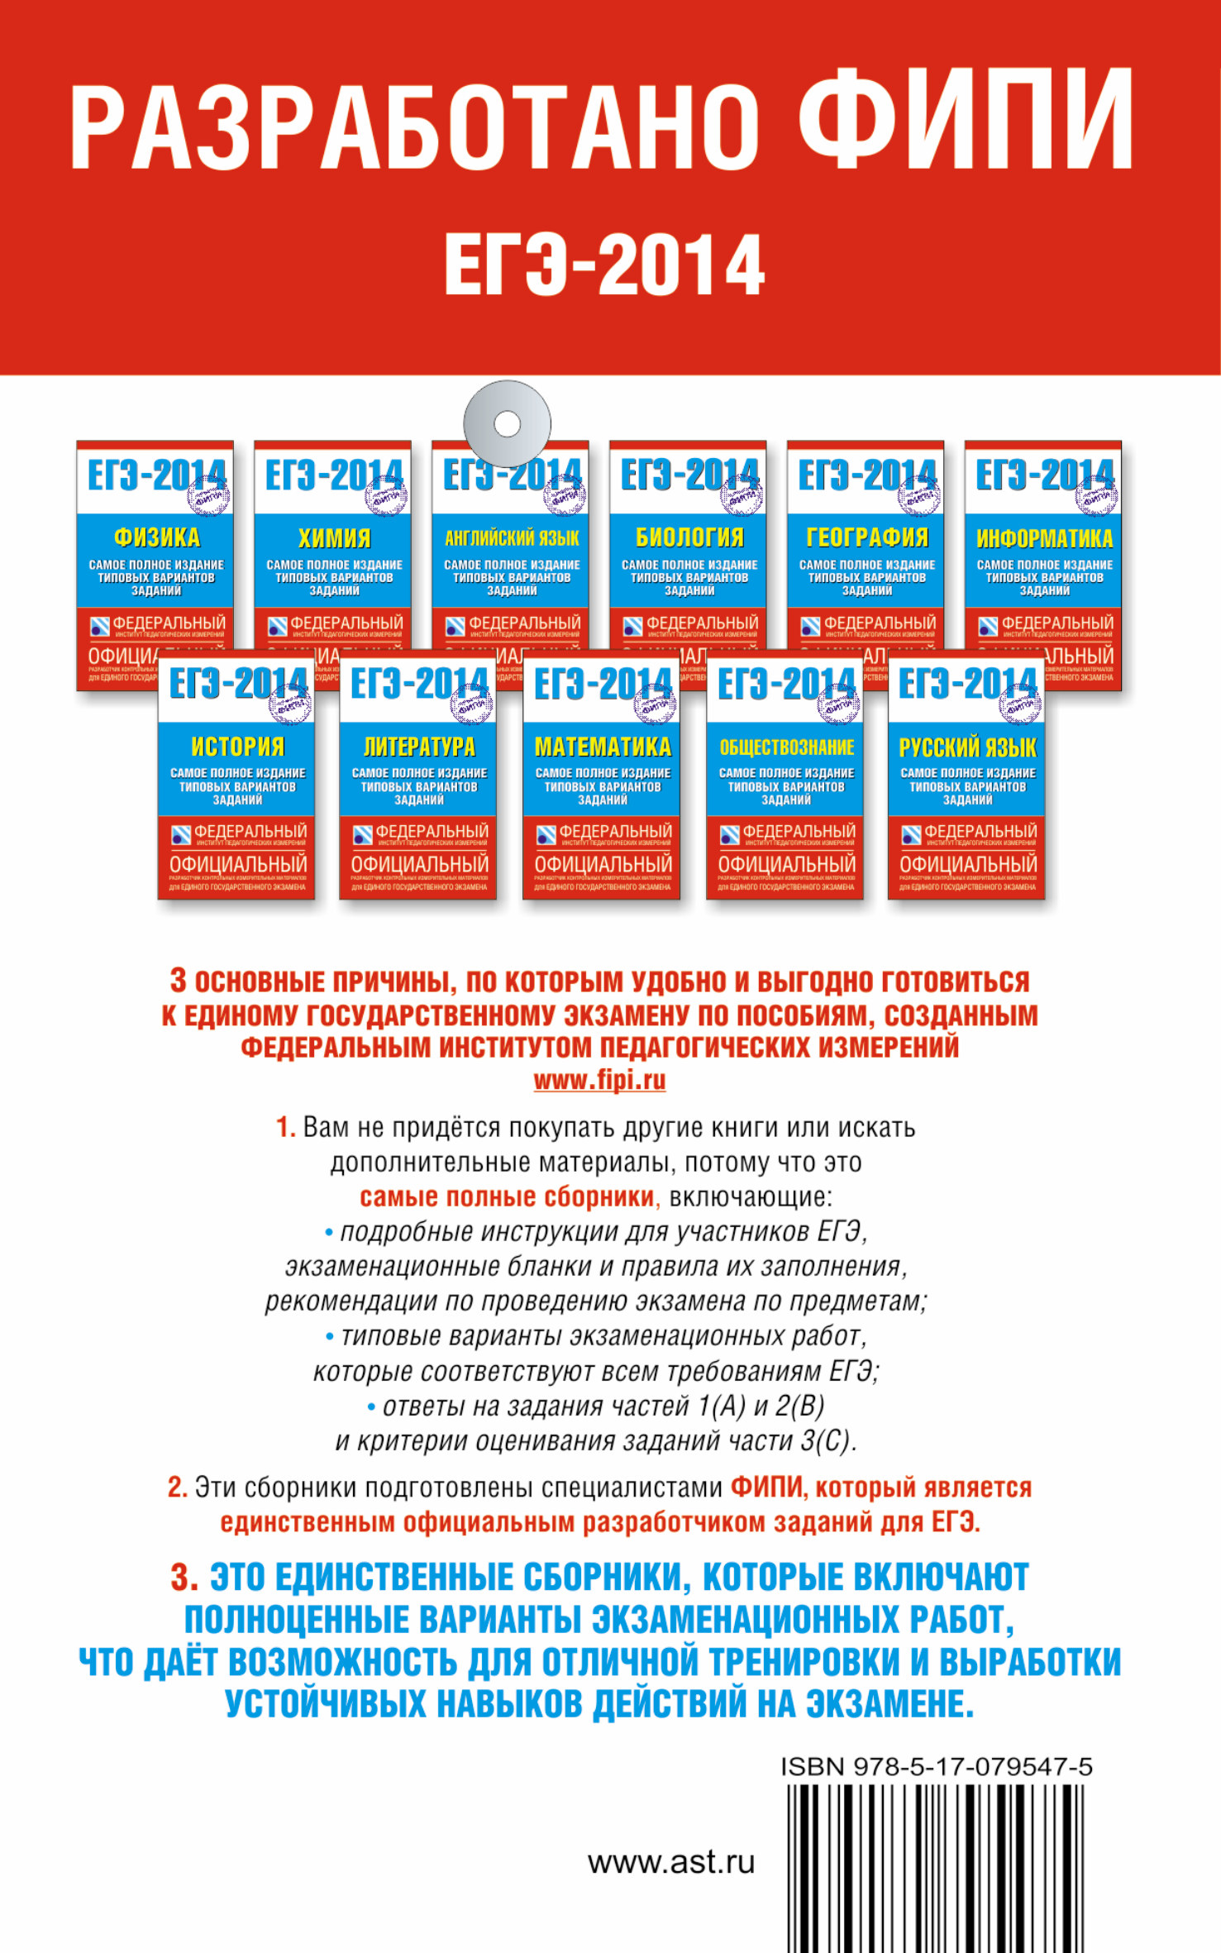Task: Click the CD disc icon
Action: pyautogui.click(x=507, y=423)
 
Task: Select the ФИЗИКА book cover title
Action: pyautogui.click(x=156, y=538)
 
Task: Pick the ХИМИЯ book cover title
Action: pyautogui.click(x=334, y=538)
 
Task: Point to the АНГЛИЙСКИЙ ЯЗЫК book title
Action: pyautogui.click(x=512, y=538)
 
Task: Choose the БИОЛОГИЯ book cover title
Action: pyautogui.click(x=689, y=538)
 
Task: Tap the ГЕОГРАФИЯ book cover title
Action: pyautogui.click(x=867, y=538)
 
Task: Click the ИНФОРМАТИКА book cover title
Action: pyautogui.click(x=1045, y=539)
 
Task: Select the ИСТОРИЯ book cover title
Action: pyautogui.click(x=237, y=747)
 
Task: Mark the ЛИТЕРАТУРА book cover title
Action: pyautogui.click(x=419, y=747)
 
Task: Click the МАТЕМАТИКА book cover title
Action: pyautogui.click(x=603, y=747)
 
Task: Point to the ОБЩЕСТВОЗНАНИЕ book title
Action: pyautogui.click(x=786, y=747)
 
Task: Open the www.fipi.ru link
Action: pyautogui.click(x=599, y=1081)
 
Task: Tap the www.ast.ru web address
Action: pyautogui.click(x=671, y=1862)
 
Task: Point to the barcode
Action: pyautogui.click(x=935, y=1869)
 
